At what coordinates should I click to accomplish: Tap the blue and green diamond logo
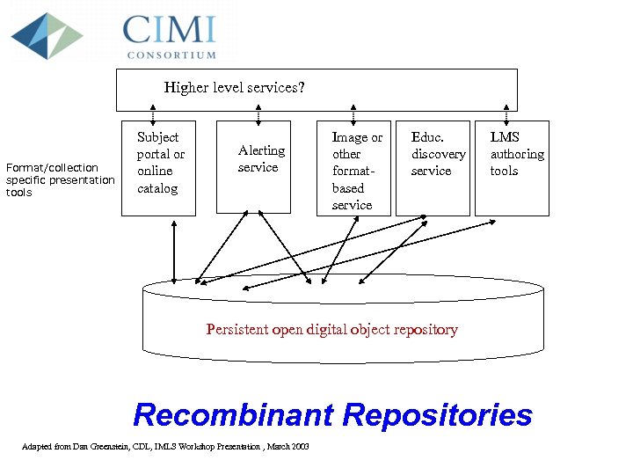tap(47, 35)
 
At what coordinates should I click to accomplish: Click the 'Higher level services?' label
tap(235, 88)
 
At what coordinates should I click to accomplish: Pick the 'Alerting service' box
tap(254, 166)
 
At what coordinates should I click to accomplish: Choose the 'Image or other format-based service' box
tap(356, 168)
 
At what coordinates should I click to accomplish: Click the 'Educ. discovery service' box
tap(433, 166)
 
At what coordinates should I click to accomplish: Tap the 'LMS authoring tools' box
tap(512, 166)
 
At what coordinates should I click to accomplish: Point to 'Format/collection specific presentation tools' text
tap(60, 179)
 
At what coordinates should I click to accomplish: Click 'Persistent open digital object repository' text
tap(331, 330)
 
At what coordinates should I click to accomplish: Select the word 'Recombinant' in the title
tap(235, 414)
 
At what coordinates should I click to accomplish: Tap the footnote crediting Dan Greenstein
tap(164, 447)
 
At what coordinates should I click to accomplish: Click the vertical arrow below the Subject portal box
tap(175, 250)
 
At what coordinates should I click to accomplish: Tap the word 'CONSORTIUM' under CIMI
tap(171, 55)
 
